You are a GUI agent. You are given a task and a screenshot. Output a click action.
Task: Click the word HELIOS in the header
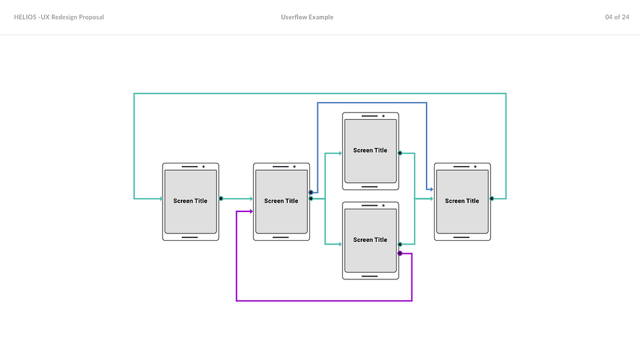[25, 17]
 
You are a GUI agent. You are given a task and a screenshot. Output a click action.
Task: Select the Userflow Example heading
[307, 17]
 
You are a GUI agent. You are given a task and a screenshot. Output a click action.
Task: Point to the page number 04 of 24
[617, 17]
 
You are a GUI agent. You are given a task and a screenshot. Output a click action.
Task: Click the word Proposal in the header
[91, 17]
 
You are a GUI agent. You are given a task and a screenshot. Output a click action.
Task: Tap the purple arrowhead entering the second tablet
[251, 211]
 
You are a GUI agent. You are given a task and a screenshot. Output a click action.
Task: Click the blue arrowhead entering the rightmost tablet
[431, 189]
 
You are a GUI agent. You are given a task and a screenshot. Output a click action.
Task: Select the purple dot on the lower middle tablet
[400, 253]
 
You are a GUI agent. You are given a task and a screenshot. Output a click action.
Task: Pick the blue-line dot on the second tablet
[311, 192]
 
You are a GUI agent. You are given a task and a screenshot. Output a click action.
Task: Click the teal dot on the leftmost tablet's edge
[221, 199]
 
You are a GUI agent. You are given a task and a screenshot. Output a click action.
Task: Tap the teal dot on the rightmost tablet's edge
[492, 199]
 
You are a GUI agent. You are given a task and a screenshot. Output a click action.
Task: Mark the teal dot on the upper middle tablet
[400, 153]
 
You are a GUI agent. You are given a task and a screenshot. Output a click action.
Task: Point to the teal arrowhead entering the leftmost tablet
[161, 199]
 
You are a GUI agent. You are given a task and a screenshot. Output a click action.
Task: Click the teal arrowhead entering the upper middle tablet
[340, 153]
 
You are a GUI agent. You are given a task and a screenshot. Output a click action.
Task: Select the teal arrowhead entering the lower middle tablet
[340, 244]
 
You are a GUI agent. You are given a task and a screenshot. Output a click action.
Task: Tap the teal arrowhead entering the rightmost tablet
[431, 199]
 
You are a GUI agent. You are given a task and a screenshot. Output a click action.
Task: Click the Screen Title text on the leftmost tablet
[190, 201]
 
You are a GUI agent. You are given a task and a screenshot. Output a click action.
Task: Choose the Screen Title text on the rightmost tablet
[462, 201]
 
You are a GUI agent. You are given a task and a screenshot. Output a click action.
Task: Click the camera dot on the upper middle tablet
[383, 116]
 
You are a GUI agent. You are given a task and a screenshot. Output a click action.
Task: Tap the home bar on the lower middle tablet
[370, 276]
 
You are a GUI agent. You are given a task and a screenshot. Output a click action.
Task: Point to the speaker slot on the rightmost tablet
[461, 167]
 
